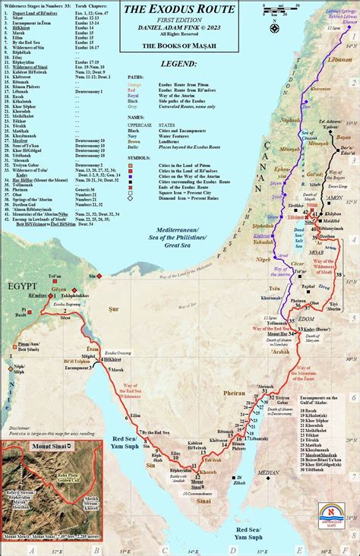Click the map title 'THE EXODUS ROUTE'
pos(180,10)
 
